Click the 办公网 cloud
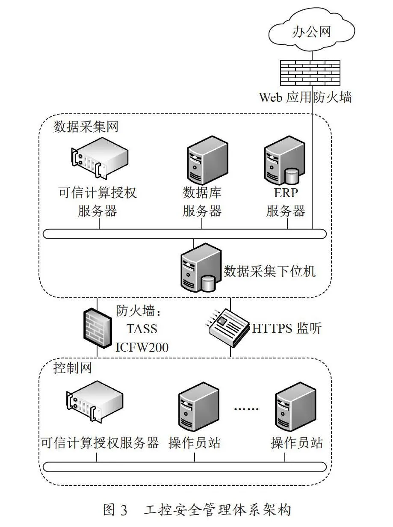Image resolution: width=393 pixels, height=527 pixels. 311,31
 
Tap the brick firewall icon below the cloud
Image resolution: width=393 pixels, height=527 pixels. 310,73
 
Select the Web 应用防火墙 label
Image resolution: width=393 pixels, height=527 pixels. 305,97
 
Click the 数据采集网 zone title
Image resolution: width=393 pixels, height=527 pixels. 86,127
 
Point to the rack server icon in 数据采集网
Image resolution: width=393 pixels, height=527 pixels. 100,157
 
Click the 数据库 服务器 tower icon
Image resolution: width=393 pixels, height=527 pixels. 207,160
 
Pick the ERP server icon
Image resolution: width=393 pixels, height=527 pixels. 284,160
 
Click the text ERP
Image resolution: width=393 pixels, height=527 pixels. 286,192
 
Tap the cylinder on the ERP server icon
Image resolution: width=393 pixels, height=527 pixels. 292,177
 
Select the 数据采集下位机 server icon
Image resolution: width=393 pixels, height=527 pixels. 201,267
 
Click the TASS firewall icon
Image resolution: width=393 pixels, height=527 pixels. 98,328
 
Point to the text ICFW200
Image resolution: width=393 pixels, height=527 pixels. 142,347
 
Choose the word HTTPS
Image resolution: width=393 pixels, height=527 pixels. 272,329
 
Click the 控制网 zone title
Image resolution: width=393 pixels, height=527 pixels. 73,368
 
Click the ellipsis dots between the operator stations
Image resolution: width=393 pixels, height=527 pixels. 246,409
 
